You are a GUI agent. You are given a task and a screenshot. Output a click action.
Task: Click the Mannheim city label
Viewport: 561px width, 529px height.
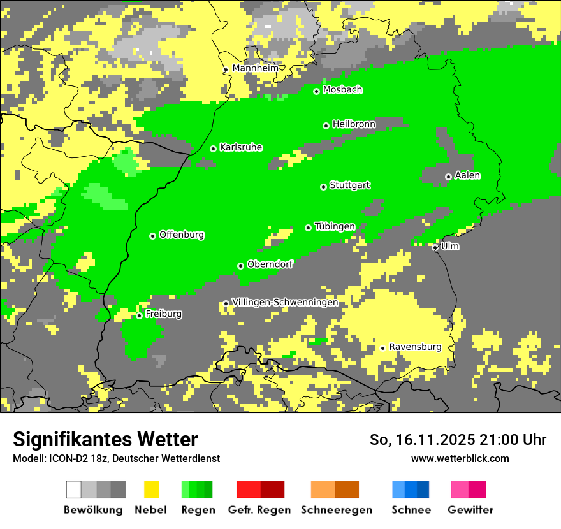click(x=255, y=68)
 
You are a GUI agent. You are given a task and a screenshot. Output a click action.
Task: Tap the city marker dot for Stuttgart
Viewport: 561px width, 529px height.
click(x=323, y=187)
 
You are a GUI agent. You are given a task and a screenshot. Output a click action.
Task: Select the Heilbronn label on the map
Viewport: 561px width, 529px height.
click(x=354, y=124)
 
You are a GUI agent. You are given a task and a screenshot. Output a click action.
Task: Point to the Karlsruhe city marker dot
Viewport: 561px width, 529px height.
click(x=214, y=149)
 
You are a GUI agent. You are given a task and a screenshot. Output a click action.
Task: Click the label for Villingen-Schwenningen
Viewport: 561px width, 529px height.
click(x=285, y=302)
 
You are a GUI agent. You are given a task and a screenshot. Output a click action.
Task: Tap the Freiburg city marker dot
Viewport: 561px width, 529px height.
click(x=139, y=316)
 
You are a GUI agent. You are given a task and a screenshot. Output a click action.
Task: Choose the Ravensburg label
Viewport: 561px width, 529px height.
click(x=415, y=347)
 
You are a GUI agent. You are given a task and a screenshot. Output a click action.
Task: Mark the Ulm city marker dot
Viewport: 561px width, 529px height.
click(x=435, y=247)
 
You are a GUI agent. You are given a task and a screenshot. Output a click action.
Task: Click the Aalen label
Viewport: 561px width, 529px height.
click(x=467, y=175)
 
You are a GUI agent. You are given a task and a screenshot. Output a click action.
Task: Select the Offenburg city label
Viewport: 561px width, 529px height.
click(x=182, y=235)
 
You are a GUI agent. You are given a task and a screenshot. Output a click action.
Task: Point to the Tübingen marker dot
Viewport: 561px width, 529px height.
click(x=309, y=228)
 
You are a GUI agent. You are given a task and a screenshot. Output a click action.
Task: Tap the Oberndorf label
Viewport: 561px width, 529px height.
click(x=270, y=264)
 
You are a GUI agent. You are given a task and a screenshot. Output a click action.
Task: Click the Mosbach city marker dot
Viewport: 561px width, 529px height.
click(x=316, y=92)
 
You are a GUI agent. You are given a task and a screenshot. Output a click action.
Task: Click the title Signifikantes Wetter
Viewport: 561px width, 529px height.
click(x=105, y=440)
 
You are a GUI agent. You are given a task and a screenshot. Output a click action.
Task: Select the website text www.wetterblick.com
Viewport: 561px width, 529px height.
click(x=460, y=458)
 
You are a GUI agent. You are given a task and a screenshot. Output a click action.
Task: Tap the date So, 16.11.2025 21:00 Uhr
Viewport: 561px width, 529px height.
click(x=458, y=440)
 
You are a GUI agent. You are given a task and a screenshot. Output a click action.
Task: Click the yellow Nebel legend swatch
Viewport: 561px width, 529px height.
click(x=151, y=489)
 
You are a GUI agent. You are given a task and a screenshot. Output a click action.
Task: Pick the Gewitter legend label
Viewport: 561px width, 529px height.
click(x=470, y=510)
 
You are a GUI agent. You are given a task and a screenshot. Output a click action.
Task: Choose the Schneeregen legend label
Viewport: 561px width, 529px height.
click(x=335, y=510)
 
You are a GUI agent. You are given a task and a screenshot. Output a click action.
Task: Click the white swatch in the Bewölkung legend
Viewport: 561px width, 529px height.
click(x=74, y=489)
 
